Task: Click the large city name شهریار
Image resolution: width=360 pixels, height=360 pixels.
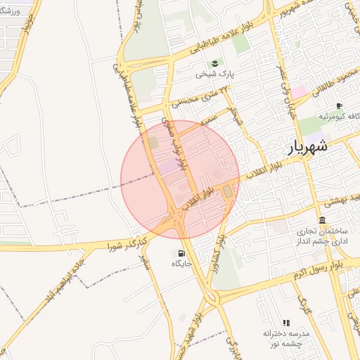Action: point(308,148)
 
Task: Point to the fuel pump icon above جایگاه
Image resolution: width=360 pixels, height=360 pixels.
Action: point(182,253)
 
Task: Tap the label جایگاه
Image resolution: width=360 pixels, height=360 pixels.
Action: point(181,264)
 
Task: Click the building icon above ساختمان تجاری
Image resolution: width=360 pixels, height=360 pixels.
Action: point(322,220)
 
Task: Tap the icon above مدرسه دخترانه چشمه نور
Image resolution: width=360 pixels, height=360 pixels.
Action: point(286,322)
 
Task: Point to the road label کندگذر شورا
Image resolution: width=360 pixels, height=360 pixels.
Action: point(127,245)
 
